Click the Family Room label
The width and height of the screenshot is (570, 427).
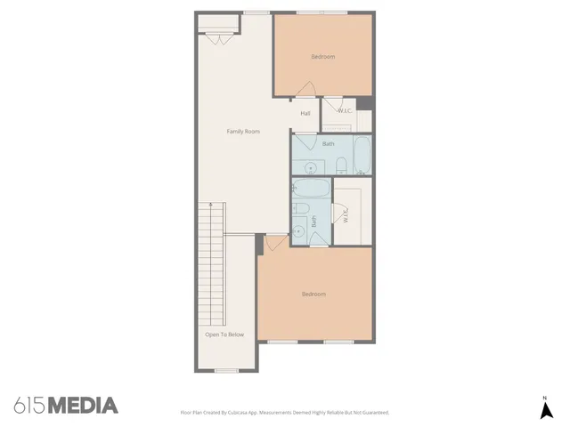242,132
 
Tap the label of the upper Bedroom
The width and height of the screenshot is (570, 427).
322,57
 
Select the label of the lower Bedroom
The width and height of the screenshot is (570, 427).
313,294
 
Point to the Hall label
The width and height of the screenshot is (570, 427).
305,114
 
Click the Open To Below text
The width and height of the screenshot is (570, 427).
224,334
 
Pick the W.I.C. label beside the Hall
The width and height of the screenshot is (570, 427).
345,110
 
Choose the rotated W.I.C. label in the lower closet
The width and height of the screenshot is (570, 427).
346,214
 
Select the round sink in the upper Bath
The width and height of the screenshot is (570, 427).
311,166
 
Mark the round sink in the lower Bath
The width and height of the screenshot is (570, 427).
300,230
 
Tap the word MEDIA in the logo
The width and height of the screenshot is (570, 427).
83,406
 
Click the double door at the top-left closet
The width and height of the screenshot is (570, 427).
217,38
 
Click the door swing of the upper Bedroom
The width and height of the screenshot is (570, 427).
305,90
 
